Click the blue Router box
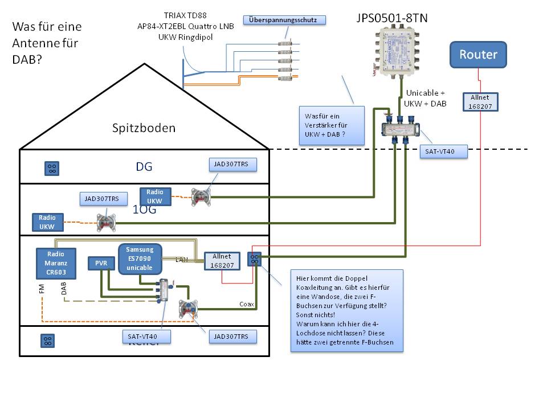click(x=478, y=55)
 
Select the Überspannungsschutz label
click(x=287, y=20)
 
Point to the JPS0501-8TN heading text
click(x=391, y=18)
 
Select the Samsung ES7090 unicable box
click(x=140, y=259)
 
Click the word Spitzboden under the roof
click(x=144, y=128)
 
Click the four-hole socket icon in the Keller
click(x=48, y=341)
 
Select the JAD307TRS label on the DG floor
click(x=232, y=165)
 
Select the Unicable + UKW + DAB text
click(x=425, y=98)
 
